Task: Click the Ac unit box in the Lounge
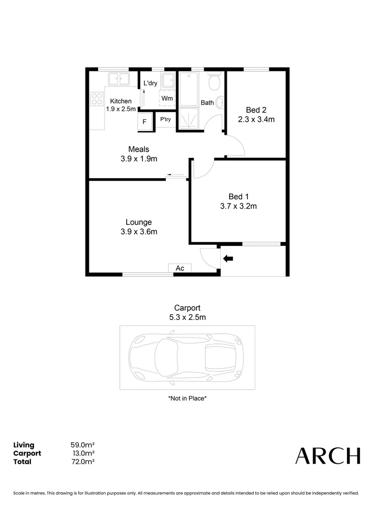[180, 268]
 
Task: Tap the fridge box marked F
[144, 122]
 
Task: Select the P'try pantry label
[165, 119]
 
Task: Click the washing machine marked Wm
[167, 98]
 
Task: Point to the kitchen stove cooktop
[96, 100]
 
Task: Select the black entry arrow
[228, 258]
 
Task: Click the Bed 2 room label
[256, 110]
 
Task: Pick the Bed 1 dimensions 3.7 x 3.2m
[238, 207]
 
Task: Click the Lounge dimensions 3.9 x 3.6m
[139, 232]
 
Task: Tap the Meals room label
[138, 149]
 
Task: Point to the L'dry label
[150, 83]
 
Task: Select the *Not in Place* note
[187, 398]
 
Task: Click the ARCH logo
[327, 456]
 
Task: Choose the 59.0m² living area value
[82, 445]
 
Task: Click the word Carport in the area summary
[27, 453]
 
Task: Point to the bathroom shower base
[189, 119]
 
